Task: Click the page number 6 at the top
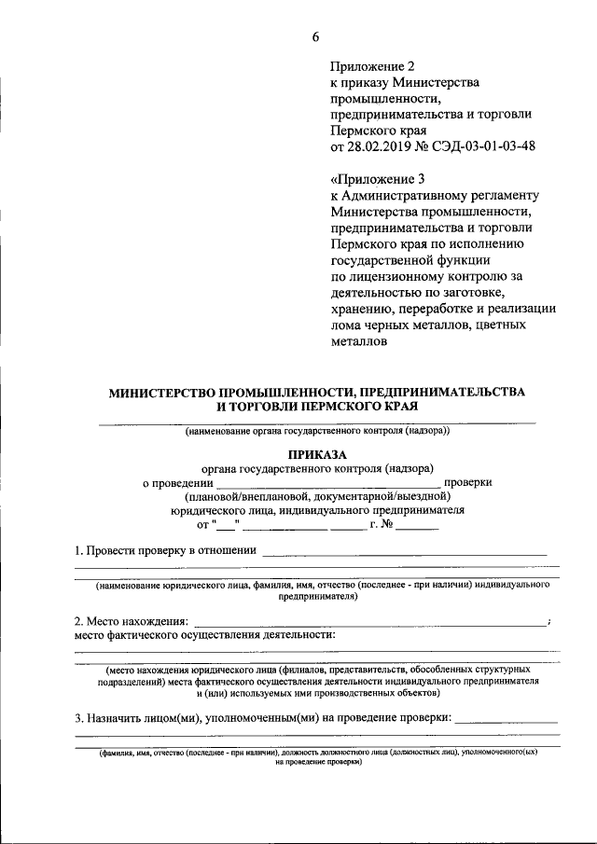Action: (x=314, y=36)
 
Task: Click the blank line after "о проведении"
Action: (x=328, y=482)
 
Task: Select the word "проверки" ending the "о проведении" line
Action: (x=468, y=482)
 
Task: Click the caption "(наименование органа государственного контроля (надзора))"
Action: (x=317, y=431)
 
